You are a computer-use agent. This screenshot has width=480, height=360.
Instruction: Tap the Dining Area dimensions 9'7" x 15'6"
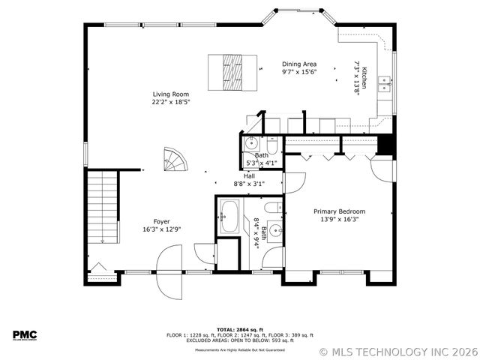[299, 72]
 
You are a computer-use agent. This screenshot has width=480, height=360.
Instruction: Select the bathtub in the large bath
[229, 217]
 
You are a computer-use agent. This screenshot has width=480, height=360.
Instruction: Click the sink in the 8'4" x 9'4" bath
[276, 231]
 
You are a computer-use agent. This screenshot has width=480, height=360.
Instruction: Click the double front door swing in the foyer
[169, 262]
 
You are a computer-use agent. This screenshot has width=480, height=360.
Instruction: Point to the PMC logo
[25, 335]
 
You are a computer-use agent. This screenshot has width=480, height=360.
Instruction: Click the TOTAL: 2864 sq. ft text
[239, 329]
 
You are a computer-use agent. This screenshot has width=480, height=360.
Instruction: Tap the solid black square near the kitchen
[385, 144]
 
